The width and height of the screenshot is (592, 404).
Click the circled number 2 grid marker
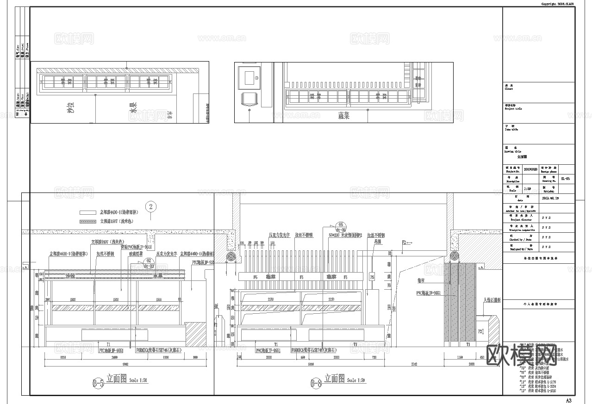151,206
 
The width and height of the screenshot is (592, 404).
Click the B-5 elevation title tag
98,383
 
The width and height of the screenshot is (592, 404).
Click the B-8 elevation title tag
316,383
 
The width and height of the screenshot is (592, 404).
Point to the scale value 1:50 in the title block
527,189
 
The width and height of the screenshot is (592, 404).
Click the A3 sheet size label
569,400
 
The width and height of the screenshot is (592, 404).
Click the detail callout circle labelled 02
148,261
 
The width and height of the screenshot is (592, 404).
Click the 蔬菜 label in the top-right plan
343,116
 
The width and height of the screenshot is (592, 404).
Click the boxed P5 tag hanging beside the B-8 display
372,277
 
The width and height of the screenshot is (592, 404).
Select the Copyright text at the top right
558,4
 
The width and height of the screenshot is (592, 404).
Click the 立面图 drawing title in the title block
522,157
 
